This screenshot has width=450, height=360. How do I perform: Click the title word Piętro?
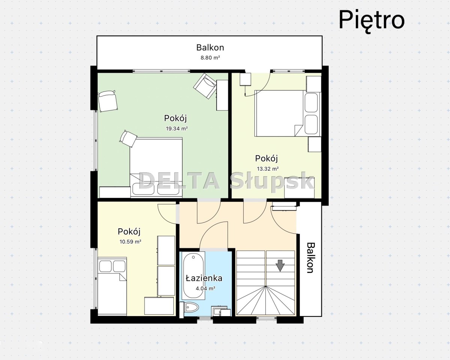click(x=372, y=20)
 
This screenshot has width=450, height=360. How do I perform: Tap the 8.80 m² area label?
click(x=210, y=57)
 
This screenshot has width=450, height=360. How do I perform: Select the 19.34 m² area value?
click(x=177, y=129)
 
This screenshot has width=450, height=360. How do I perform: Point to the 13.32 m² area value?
click(x=268, y=169)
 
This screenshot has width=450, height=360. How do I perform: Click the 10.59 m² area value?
click(x=130, y=241)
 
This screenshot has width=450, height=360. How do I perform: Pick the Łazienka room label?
click(x=204, y=278)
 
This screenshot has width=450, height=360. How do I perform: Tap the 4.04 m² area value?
click(x=206, y=288)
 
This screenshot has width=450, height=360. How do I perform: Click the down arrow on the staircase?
click(x=280, y=265)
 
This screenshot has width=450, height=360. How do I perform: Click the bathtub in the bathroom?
click(x=194, y=276)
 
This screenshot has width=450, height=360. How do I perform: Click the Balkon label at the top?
click(x=210, y=47)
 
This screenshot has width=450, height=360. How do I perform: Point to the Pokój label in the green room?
click(x=175, y=118)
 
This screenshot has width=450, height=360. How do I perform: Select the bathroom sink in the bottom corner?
click(x=221, y=312)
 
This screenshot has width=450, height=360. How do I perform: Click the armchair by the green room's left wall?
click(x=108, y=101)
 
